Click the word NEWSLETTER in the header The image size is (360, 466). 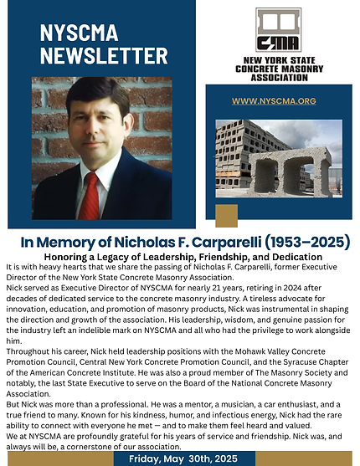click(x=91, y=56)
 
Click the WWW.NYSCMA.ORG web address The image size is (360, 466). click(x=273, y=100)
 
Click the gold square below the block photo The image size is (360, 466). click(x=226, y=215)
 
